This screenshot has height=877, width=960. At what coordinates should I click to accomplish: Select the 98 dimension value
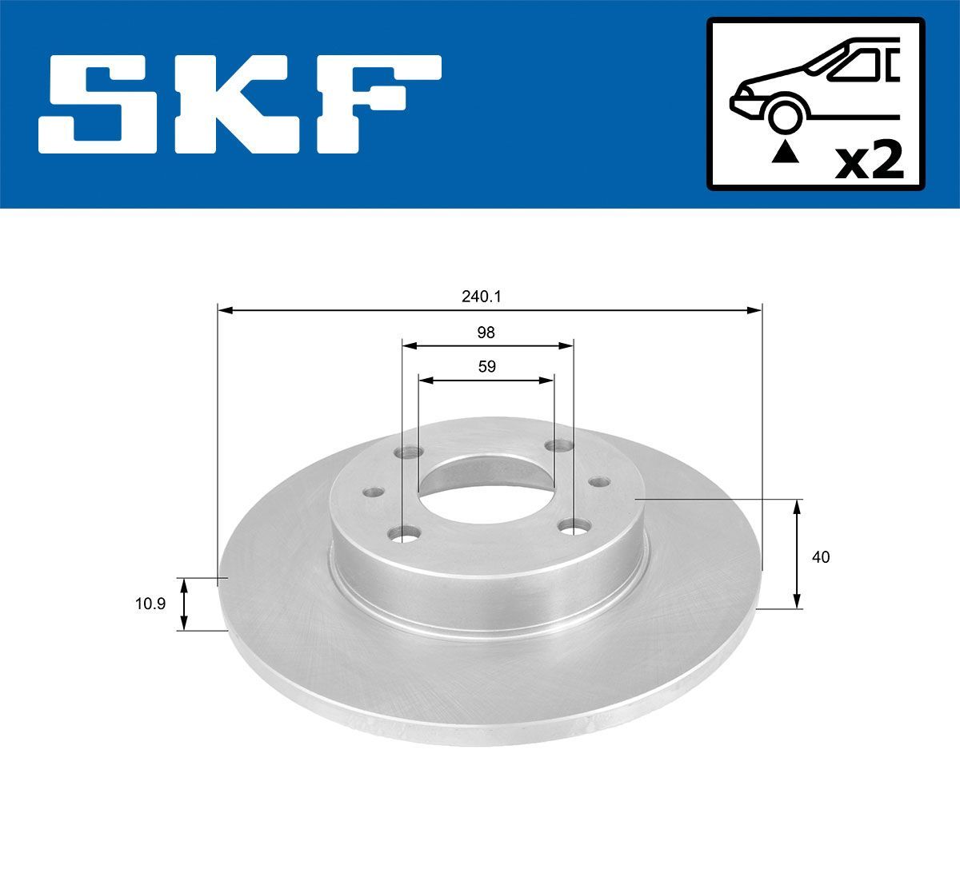tap(486, 333)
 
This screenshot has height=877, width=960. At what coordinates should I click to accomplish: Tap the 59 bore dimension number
tap(486, 367)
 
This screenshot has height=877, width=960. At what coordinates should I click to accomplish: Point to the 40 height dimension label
tap(821, 557)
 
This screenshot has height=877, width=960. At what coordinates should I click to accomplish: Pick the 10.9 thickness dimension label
tap(150, 604)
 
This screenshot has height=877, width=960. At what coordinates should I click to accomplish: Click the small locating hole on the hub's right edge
tap(598, 482)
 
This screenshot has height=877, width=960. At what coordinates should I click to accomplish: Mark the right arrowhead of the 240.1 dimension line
tap(755, 309)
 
